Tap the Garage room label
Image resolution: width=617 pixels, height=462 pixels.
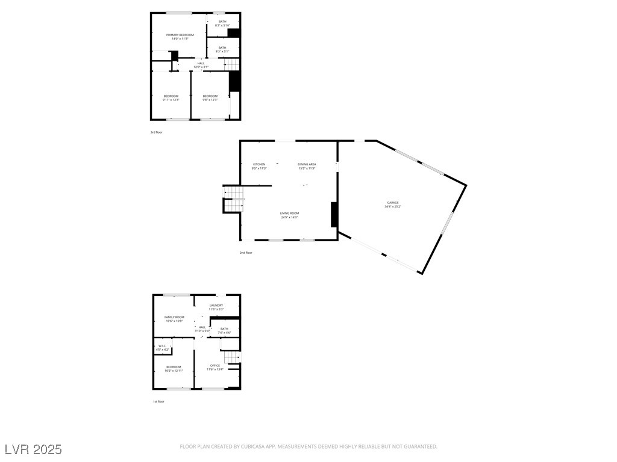click(x=393, y=203)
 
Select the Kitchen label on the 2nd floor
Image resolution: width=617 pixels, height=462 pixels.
click(x=259, y=164)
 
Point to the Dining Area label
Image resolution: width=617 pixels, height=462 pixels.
click(x=307, y=164)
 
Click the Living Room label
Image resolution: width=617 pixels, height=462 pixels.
click(x=289, y=214)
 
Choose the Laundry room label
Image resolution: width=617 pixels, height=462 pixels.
click(x=216, y=306)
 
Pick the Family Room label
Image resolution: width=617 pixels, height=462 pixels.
click(x=175, y=317)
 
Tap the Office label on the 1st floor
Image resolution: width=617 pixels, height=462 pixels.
click(x=215, y=365)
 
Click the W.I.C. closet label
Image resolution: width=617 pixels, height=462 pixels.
click(x=162, y=346)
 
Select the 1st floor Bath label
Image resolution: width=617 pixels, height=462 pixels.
click(x=224, y=329)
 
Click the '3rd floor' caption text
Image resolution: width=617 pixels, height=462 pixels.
click(x=157, y=132)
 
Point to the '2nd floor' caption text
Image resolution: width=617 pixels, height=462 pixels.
click(x=246, y=253)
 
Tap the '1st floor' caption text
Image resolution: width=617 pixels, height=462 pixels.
click(x=158, y=401)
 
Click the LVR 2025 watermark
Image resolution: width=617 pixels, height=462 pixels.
click(x=33, y=449)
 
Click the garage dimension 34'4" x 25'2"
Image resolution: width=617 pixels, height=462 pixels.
click(x=393, y=207)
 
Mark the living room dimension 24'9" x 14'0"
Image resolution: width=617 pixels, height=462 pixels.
click(x=289, y=217)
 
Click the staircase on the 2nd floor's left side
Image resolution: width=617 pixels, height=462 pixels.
click(x=234, y=199)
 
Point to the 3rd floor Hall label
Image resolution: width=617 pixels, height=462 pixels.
click(x=201, y=63)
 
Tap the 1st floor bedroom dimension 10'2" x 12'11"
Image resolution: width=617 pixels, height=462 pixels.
click(x=174, y=371)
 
